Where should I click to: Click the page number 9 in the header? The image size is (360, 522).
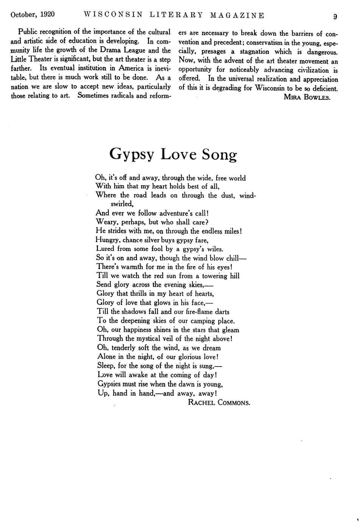pyautogui.click(x=335, y=16)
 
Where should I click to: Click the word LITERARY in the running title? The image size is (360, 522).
pyautogui.click(x=176, y=15)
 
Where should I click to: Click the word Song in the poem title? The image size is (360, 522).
pyautogui.click(x=219, y=154)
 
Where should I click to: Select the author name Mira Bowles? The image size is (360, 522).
pyautogui.click(x=307, y=97)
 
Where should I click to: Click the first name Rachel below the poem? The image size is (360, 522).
pyautogui.click(x=202, y=402)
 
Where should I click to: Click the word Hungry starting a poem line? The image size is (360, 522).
pyautogui.click(x=107, y=240)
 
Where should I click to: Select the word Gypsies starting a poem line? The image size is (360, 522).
pyautogui.click(x=111, y=384)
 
